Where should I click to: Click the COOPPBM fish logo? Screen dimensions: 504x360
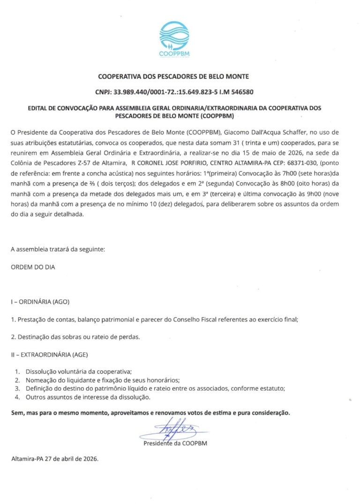click(x=174, y=39)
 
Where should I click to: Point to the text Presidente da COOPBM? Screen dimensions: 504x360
click(x=175, y=443)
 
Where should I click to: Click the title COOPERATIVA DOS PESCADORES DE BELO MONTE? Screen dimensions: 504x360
click(x=174, y=76)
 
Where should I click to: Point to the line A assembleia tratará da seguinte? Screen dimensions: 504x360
click(x=58, y=249)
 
